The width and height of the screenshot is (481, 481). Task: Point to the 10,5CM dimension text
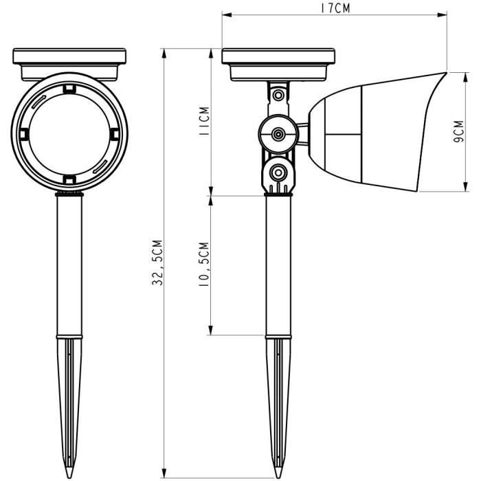point(203,265)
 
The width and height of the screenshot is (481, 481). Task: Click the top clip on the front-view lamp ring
point(69,87)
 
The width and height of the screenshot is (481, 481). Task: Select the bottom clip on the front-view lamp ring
point(69,179)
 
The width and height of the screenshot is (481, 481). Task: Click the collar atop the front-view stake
point(69,195)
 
